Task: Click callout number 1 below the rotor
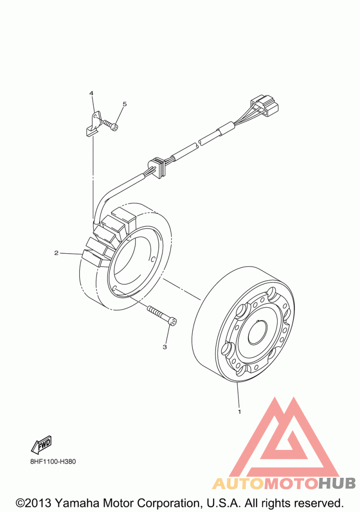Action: point(239,411)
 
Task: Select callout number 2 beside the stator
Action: point(56,253)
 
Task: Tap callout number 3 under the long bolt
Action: point(165,347)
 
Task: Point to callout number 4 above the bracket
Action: point(91,93)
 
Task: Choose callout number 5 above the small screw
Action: point(125,104)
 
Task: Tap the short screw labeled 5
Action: point(110,125)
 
